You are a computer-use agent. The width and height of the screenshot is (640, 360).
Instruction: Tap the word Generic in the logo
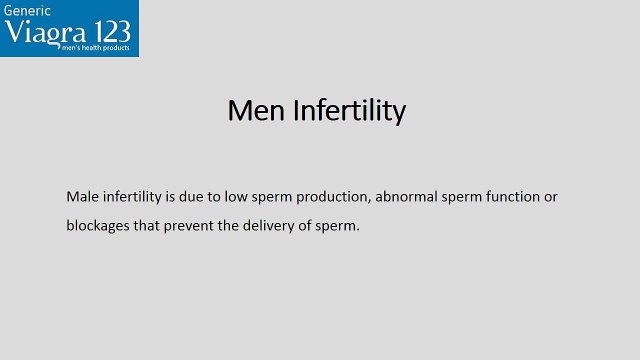[28, 11]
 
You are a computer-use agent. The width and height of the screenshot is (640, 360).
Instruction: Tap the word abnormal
[409, 197]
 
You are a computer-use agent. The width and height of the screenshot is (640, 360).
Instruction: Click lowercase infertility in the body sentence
[137, 197]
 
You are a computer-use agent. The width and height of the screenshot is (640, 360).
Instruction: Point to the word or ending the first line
[550, 197]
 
